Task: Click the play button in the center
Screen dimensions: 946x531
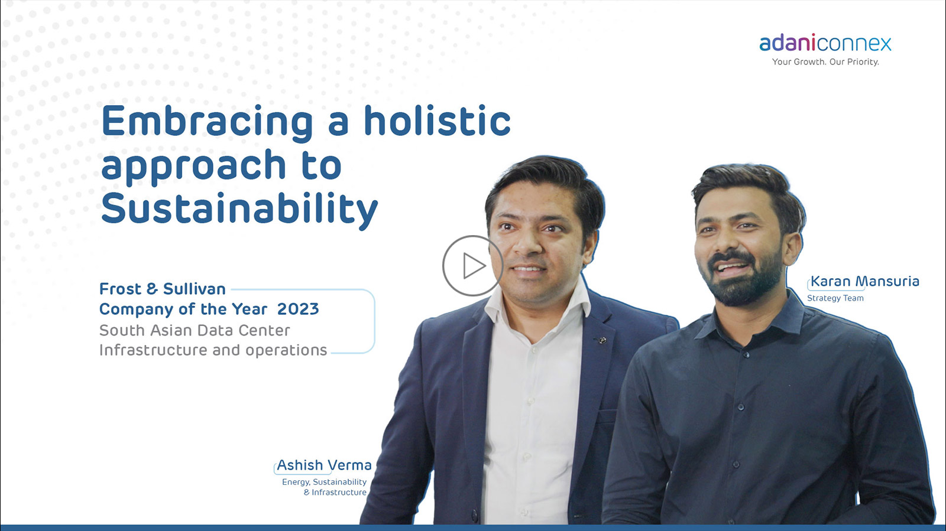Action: (472, 266)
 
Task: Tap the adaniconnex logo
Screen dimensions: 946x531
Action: (825, 43)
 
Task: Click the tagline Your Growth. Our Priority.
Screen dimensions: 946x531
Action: (825, 62)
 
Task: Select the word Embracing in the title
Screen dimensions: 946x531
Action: (207, 122)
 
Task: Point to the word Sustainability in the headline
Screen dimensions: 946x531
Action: (239, 209)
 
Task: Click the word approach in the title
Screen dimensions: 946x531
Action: (194, 167)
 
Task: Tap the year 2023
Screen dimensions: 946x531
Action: (298, 309)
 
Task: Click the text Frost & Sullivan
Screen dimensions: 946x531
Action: (163, 289)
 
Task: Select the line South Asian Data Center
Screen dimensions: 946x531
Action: (195, 330)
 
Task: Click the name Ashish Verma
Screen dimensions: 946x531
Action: (324, 465)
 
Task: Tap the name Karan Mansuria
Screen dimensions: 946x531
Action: (864, 281)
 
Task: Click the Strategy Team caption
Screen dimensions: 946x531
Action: (835, 298)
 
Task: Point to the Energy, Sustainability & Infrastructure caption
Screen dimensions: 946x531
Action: (325, 487)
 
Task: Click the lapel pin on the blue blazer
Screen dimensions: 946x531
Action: (602, 340)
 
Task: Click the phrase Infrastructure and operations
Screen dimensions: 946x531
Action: (213, 350)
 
